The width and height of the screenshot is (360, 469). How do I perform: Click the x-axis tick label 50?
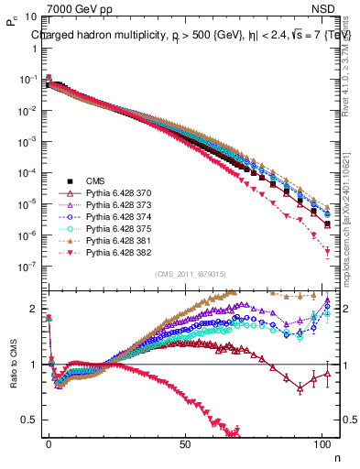tap(186, 443)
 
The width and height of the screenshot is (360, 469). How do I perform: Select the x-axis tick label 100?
tap(322, 443)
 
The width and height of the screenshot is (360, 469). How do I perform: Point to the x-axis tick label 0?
tap(49, 443)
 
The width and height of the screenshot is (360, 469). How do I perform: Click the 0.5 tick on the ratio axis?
tap(30, 420)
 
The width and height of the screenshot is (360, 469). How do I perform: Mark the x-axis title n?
tap(336, 455)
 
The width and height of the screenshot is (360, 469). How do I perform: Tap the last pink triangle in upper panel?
tap(328, 254)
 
